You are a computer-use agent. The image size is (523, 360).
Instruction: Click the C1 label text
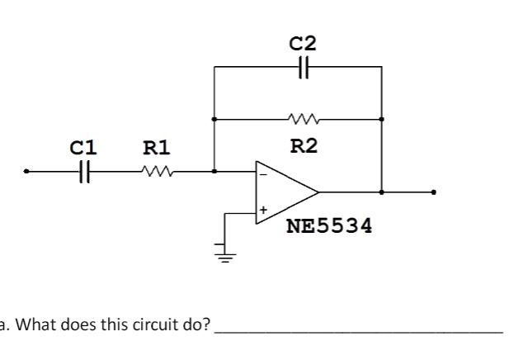point(83,148)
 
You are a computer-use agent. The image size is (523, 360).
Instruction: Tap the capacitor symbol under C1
point(84,172)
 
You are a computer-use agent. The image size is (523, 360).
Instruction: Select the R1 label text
point(156,148)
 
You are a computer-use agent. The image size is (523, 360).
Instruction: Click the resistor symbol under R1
point(156,172)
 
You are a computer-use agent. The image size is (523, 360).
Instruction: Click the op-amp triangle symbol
point(285,192)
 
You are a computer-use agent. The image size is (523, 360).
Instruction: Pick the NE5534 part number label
point(328,225)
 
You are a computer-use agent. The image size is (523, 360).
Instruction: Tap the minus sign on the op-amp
point(262,173)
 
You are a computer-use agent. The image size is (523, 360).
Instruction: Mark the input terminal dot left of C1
point(27,172)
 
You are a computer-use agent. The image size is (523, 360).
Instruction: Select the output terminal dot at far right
point(434,192)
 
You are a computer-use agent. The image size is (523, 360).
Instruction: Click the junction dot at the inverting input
point(214,172)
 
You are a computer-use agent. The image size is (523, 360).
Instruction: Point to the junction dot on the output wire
point(381,192)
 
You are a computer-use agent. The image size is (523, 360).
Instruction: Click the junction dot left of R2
point(214,120)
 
